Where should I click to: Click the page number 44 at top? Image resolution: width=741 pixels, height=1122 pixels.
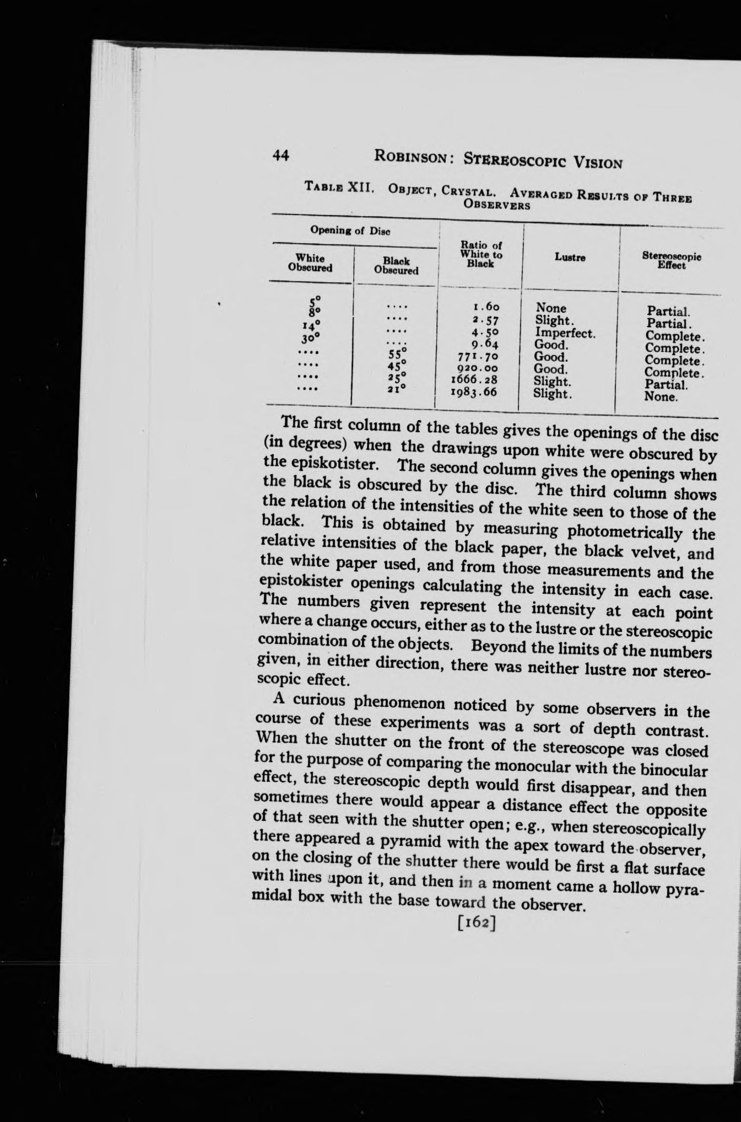[x=281, y=155]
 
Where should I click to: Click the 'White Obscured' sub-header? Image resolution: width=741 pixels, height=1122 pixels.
[x=310, y=262]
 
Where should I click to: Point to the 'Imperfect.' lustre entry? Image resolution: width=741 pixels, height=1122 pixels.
[x=565, y=333]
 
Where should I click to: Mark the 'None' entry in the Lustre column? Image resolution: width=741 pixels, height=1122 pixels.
[x=551, y=308]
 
